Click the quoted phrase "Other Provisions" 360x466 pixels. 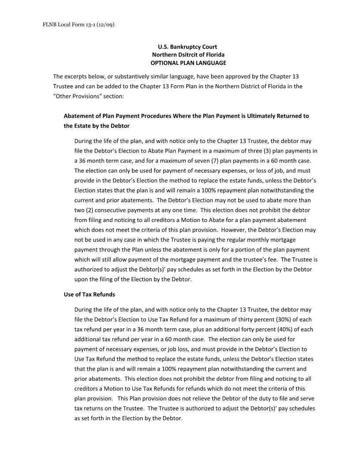click(75, 96)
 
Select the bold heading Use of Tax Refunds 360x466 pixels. click(90, 294)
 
